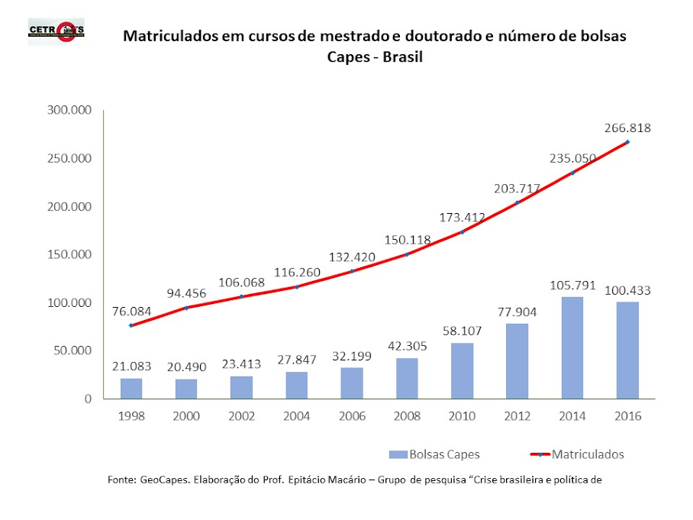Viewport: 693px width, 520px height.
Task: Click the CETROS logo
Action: point(56,31)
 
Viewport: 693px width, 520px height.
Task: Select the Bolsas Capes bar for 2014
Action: point(572,347)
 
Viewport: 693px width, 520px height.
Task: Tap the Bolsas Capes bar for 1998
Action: point(131,388)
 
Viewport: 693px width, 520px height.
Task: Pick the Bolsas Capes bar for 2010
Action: point(462,370)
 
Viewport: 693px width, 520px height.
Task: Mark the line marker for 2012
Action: point(517,202)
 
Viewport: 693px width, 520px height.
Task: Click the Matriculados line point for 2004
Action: point(296,286)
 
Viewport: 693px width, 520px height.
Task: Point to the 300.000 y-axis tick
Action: point(67,111)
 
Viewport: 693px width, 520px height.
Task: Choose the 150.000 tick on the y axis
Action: point(67,254)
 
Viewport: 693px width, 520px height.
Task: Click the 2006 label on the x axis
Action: point(351,416)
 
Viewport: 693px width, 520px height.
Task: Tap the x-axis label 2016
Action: point(627,416)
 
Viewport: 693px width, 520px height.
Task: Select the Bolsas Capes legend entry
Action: point(434,454)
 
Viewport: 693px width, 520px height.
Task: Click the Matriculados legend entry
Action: point(577,454)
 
